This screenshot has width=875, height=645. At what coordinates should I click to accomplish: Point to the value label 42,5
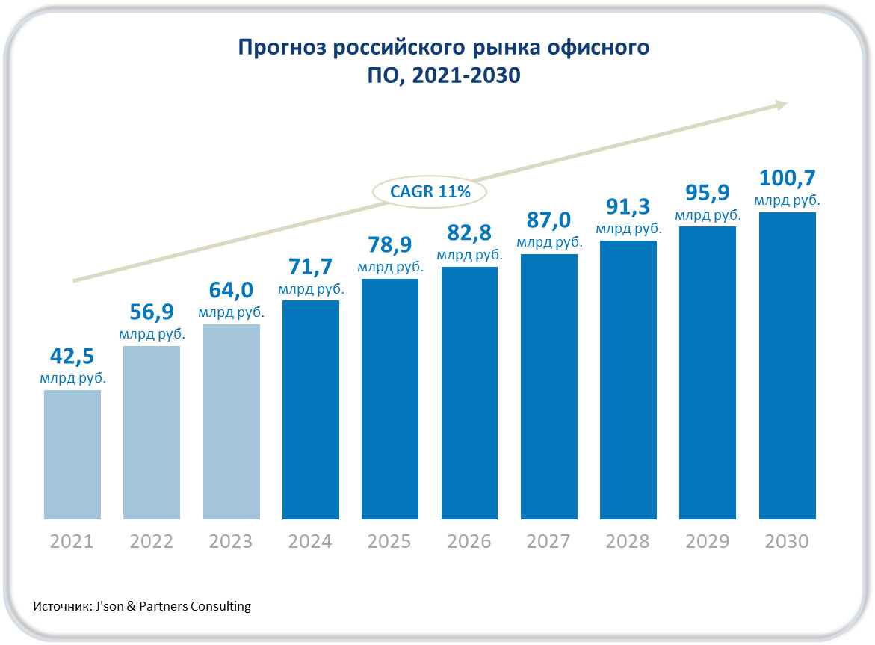(72, 355)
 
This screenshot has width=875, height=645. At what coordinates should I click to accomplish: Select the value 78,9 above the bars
(390, 245)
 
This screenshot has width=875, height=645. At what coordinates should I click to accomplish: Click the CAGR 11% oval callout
(430, 192)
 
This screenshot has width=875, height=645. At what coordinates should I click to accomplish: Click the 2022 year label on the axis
(152, 541)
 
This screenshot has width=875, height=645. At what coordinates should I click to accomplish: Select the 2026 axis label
(469, 541)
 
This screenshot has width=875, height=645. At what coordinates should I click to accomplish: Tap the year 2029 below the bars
(708, 541)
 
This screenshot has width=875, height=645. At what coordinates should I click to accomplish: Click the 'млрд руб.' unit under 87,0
(549, 242)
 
